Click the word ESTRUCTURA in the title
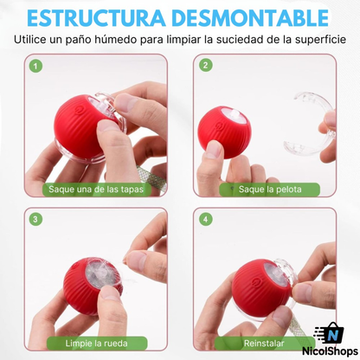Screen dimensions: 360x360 (x=101, y=17)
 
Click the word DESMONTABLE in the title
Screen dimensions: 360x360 (x=254, y=17)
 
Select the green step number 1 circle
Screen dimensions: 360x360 (x=35, y=66)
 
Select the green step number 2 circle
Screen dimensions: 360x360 (x=205, y=66)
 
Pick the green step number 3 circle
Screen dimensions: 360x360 (x=35, y=219)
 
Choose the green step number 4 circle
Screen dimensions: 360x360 (x=205, y=219)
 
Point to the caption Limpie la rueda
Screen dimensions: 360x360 (x=96, y=343)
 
